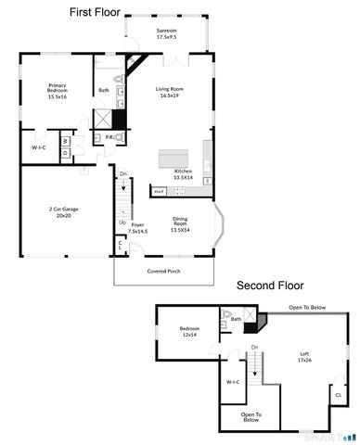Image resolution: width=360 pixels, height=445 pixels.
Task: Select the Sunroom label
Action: [165, 35]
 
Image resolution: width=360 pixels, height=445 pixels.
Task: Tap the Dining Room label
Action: [179, 223]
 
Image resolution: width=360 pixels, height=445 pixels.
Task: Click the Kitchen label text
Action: [184, 173]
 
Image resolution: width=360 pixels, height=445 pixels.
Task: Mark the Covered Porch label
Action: [163, 272]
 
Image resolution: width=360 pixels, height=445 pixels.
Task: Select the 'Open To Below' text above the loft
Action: [306, 308]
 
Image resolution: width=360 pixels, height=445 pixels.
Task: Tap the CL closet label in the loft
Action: [338, 394]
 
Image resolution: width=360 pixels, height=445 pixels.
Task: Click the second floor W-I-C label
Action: [233, 382]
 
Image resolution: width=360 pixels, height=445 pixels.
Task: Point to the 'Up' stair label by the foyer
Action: [122, 222]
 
